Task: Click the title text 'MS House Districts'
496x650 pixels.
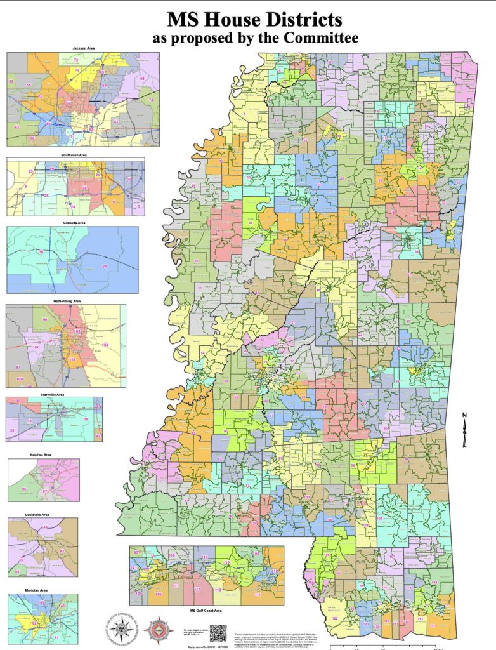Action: [255, 18]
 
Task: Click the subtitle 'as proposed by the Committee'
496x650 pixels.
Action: [255, 38]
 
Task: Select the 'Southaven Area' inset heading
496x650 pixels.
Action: [75, 154]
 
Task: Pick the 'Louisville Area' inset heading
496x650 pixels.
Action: [42, 514]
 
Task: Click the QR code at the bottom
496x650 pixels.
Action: [218, 633]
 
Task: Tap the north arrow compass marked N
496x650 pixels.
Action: [464, 430]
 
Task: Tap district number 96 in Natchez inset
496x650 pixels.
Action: [25, 489]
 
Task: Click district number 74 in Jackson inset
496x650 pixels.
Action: [151, 100]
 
